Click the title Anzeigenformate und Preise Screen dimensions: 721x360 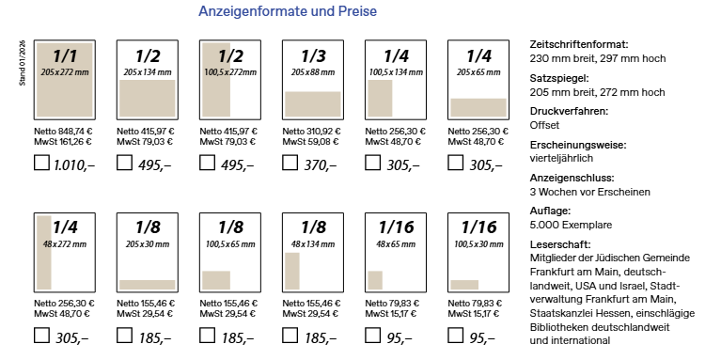coord(288,11)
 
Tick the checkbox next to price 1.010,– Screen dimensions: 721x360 coord(41,163)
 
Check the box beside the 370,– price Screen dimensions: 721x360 coord(290,163)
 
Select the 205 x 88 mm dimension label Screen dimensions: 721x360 coord(313,72)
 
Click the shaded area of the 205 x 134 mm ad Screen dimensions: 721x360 coord(148,98)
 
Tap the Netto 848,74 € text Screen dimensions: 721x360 coord(63,132)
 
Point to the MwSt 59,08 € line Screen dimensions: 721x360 coord(310,142)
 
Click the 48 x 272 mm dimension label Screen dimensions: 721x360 coord(64,244)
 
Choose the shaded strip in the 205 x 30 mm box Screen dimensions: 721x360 coord(148,285)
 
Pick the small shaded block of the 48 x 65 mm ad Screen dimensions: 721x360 coord(375,280)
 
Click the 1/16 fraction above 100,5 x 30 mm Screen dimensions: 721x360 coord(478,227)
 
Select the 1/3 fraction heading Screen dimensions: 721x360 coord(313,56)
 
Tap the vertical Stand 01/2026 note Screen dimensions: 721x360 coord(22,63)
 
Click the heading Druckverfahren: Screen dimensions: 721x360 coord(569,112)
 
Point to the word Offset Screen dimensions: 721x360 coord(544,125)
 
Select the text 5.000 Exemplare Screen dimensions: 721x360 coord(571,225)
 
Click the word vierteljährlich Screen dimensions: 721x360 coord(561,158)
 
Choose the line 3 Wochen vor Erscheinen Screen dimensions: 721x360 coord(590,192)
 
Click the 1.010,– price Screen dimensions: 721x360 coord(74,164)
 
